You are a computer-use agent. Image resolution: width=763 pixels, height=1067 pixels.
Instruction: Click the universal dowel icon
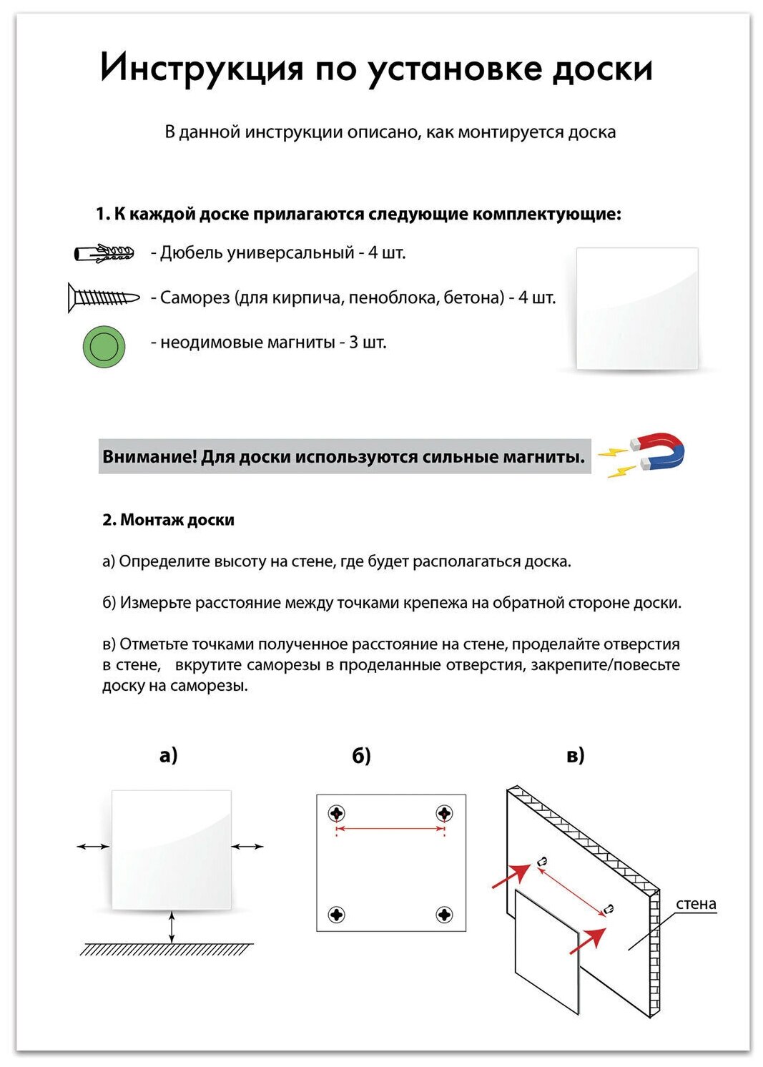(x=104, y=253)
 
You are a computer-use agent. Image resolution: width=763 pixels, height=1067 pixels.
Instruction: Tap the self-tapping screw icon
(x=104, y=298)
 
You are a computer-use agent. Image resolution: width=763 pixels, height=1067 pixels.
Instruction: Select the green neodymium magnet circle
(x=104, y=347)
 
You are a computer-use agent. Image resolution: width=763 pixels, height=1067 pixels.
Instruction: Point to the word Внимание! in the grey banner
(x=149, y=457)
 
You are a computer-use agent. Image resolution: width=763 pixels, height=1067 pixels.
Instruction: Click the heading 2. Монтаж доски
(x=168, y=520)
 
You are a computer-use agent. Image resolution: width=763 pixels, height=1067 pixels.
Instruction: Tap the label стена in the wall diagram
(x=695, y=904)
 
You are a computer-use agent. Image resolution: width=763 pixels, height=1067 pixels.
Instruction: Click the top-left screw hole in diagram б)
(x=336, y=813)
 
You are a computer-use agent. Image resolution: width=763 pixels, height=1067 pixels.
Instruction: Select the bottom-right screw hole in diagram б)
(x=444, y=914)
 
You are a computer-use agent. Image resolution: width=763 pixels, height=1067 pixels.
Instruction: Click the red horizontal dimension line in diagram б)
(x=390, y=829)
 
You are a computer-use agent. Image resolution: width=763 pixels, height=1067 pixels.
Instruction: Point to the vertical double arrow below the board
(x=172, y=928)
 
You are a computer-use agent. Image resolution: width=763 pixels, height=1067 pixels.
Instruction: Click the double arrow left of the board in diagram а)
(x=93, y=847)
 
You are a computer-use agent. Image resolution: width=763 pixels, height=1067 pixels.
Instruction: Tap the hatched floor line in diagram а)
(x=167, y=950)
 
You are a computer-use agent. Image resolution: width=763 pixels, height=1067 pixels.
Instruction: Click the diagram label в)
(x=575, y=755)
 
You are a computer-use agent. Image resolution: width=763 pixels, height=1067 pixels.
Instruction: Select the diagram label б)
(x=361, y=756)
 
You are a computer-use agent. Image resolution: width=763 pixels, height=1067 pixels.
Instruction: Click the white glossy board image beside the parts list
(x=636, y=309)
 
